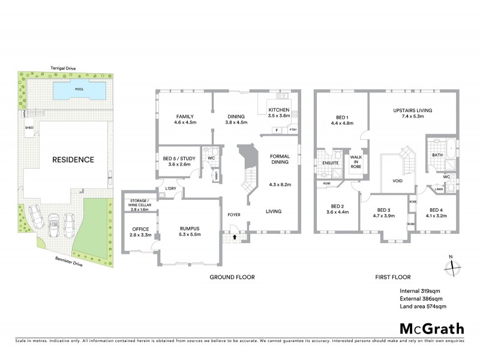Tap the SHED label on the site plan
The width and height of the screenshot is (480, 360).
pyautogui.click(x=29, y=128)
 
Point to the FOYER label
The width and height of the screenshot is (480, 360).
pyautogui.click(x=233, y=214)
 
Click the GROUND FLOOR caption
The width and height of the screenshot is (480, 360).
pyautogui.click(x=232, y=277)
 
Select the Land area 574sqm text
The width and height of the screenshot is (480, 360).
pyautogui.click(x=423, y=307)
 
